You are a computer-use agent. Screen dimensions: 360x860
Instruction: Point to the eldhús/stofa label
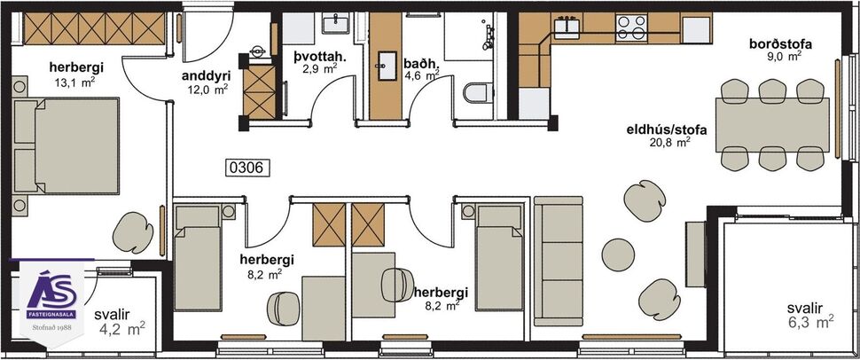pos(666,129)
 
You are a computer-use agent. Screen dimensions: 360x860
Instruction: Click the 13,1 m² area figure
pos(76,82)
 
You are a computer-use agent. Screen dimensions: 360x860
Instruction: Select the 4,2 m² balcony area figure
pos(121,329)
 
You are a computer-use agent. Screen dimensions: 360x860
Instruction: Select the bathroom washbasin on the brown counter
pos(387,64)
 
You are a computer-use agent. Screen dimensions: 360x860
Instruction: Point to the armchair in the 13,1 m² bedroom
pos(134,231)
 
